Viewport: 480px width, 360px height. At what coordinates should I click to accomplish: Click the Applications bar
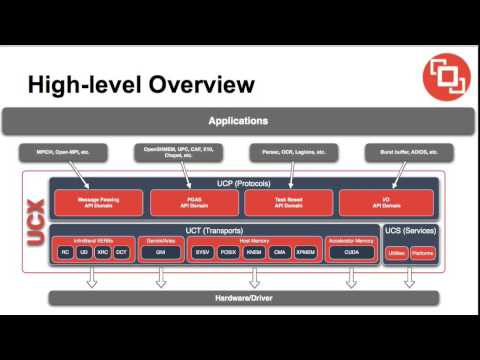(x=238, y=121)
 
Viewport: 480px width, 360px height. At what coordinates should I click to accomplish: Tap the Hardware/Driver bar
(x=238, y=298)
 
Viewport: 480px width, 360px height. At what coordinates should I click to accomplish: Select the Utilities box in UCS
(x=395, y=254)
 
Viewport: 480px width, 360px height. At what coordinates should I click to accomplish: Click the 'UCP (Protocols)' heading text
(x=237, y=185)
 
